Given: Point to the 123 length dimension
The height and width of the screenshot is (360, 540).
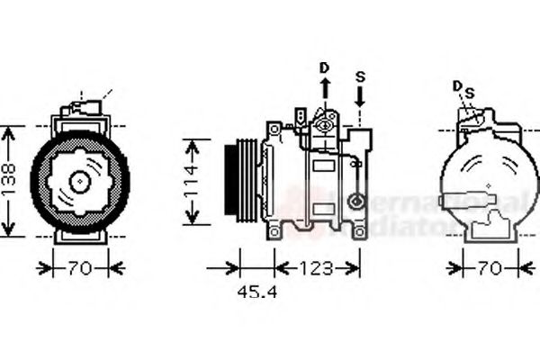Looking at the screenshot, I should [316, 267].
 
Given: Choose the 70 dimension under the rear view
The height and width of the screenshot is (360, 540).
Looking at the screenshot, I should [490, 267].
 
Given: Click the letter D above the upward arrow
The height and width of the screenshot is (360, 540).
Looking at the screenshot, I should [325, 68].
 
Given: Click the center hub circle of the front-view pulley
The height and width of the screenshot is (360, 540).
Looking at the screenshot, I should [79, 181].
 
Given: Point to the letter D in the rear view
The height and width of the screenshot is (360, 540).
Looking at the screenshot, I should [457, 85].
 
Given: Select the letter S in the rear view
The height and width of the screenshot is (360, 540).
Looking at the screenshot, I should [468, 93].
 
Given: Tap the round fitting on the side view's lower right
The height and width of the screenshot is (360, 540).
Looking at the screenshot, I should [357, 202].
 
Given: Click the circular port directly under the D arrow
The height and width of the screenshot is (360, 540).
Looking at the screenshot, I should [325, 126].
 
